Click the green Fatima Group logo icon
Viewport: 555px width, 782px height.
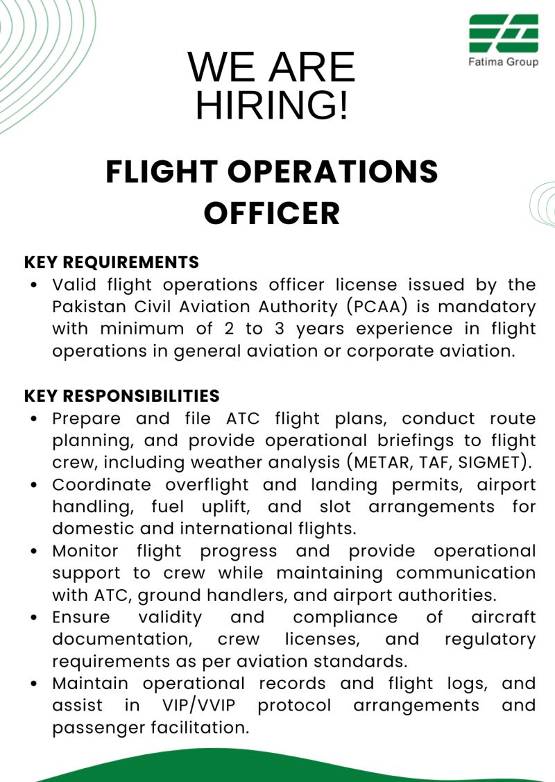click(x=503, y=33)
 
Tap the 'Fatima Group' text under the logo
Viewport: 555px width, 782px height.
click(x=503, y=62)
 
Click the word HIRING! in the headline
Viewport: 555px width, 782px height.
click(x=271, y=105)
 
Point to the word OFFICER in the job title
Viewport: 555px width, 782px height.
click(x=272, y=214)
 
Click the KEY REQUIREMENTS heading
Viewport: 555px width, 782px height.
click(x=112, y=262)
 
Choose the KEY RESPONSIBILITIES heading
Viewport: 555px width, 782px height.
click(x=122, y=396)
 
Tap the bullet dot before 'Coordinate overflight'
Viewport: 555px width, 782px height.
click(x=34, y=485)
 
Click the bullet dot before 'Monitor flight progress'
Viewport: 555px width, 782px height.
click(x=34, y=552)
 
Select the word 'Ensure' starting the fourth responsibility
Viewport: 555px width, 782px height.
click(x=80, y=617)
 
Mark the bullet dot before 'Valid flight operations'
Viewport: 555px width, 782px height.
click(x=34, y=285)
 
